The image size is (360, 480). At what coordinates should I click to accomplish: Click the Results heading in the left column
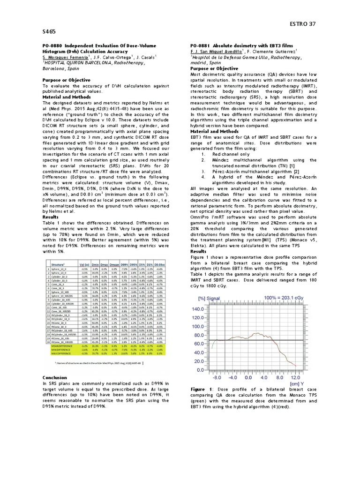coord(51,217)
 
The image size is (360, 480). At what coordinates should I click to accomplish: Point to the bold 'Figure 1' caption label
coord(202,389)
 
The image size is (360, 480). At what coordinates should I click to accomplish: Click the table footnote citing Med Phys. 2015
coord(99,362)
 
